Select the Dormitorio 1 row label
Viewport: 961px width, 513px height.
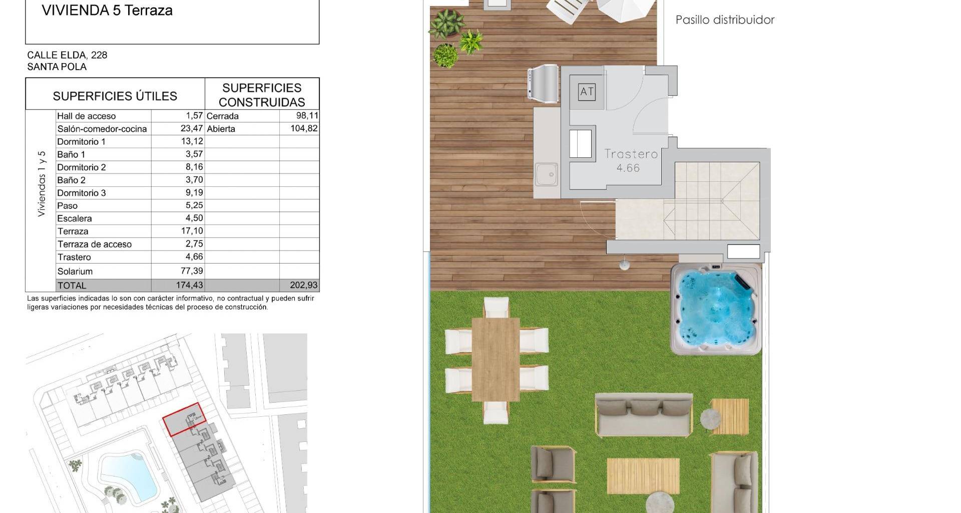tap(81, 142)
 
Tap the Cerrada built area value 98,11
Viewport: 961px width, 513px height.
tap(307, 116)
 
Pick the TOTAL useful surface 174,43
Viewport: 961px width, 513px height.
tap(189, 285)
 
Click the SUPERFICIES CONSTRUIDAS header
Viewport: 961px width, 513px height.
tap(262, 95)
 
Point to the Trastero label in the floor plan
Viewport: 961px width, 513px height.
tap(631, 154)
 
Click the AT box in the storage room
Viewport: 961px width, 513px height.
tap(587, 92)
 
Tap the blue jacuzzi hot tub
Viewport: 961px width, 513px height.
tap(716, 309)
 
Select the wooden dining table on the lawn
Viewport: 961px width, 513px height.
tap(496, 359)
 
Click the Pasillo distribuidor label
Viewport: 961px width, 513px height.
tap(725, 20)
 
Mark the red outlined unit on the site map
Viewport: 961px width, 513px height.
tap(184, 419)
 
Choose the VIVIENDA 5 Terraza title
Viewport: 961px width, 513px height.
tap(107, 11)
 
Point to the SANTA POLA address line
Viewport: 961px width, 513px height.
tap(57, 67)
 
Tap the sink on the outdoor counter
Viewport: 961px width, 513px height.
tap(547, 174)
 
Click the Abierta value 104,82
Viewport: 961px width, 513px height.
tap(304, 128)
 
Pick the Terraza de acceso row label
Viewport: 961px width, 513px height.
tap(95, 244)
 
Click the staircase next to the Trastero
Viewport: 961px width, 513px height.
tap(711, 200)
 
